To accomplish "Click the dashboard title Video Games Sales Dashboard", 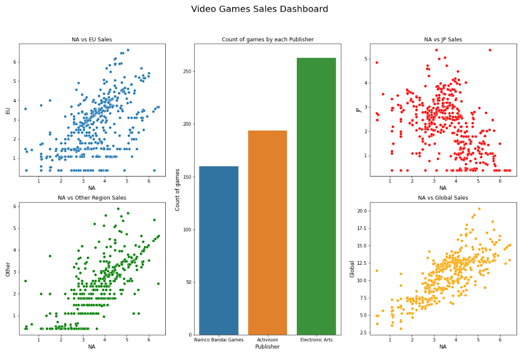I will (259, 9).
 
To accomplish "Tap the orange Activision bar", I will (267, 233).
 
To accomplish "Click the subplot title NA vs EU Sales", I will (92, 40).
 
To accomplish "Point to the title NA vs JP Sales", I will (443, 40).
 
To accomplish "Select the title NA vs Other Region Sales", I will (92, 198).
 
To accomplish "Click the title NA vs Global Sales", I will (443, 198).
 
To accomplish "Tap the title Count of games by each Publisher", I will (267, 40).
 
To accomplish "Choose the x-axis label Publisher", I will (267, 347).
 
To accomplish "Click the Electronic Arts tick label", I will (316, 339).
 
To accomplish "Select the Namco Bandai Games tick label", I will (219, 339).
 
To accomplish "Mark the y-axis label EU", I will (8, 111).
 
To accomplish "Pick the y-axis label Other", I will (8, 269).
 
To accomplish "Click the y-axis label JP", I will (359, 110).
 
